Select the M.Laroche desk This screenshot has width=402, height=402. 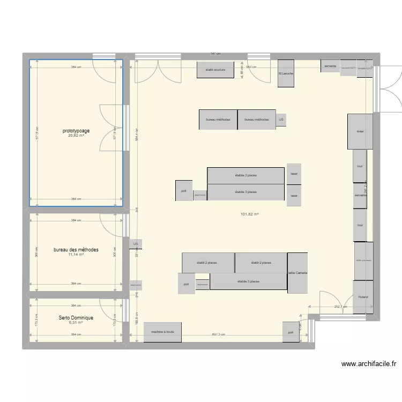(286, 73)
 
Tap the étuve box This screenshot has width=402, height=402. (360, 131)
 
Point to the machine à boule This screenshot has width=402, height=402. (162, 332)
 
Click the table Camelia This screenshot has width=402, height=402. (297, 273)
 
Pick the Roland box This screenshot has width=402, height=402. (363, 297)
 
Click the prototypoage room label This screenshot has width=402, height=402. (76, 130)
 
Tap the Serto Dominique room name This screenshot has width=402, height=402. (76, 318)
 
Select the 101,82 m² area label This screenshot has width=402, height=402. (250, 214)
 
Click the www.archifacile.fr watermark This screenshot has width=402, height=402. (369, 364)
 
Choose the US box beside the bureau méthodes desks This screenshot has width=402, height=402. (281, 120)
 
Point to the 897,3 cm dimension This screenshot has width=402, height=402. (219, 335)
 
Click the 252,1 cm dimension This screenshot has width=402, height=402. (341, 307)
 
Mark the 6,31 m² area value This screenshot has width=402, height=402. (76, 323)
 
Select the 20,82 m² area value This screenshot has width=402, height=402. (76, 136)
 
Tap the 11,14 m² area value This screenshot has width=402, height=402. (76, 255)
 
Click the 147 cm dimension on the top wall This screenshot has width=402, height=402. (215, 54)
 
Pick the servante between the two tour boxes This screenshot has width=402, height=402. (360, 196)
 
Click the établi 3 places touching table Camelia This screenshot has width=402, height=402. (248, 281)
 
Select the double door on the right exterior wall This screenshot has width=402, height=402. (389, 89)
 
